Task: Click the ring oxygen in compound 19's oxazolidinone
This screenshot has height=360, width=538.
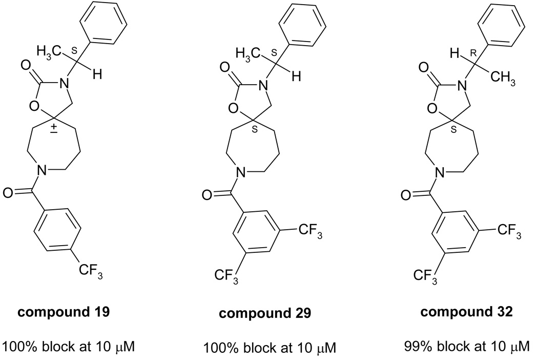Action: point(35,107)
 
